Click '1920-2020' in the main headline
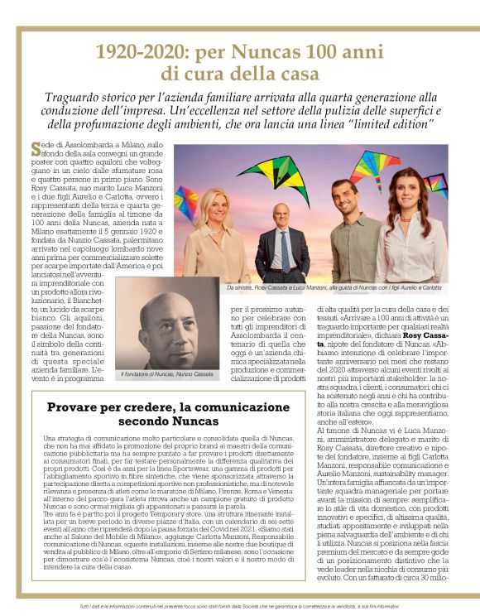point(138,52)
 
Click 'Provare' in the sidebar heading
point(80,407)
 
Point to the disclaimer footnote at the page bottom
point(240,608)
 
